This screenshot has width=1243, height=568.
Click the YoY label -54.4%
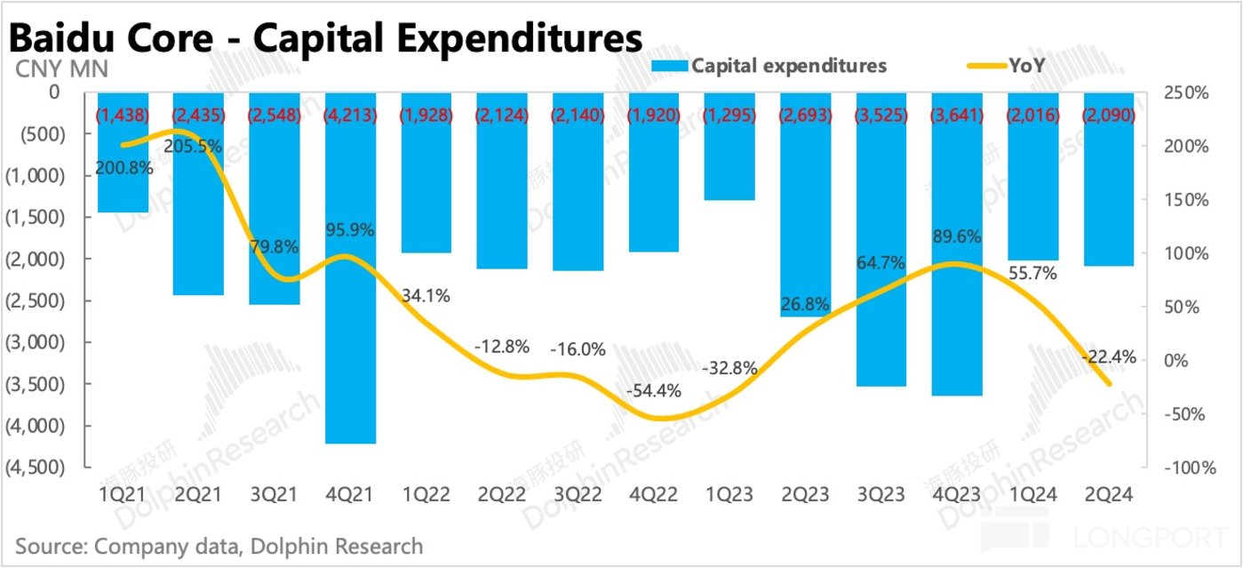pos(654,390)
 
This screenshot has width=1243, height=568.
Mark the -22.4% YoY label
pos(1109,356)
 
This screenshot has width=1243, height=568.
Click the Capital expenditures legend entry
pos(788,66)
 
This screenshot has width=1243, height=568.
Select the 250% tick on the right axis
pos(1179,93)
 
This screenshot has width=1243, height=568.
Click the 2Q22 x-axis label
pos(502,498)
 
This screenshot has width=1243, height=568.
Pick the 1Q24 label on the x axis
pos(1033,498)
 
